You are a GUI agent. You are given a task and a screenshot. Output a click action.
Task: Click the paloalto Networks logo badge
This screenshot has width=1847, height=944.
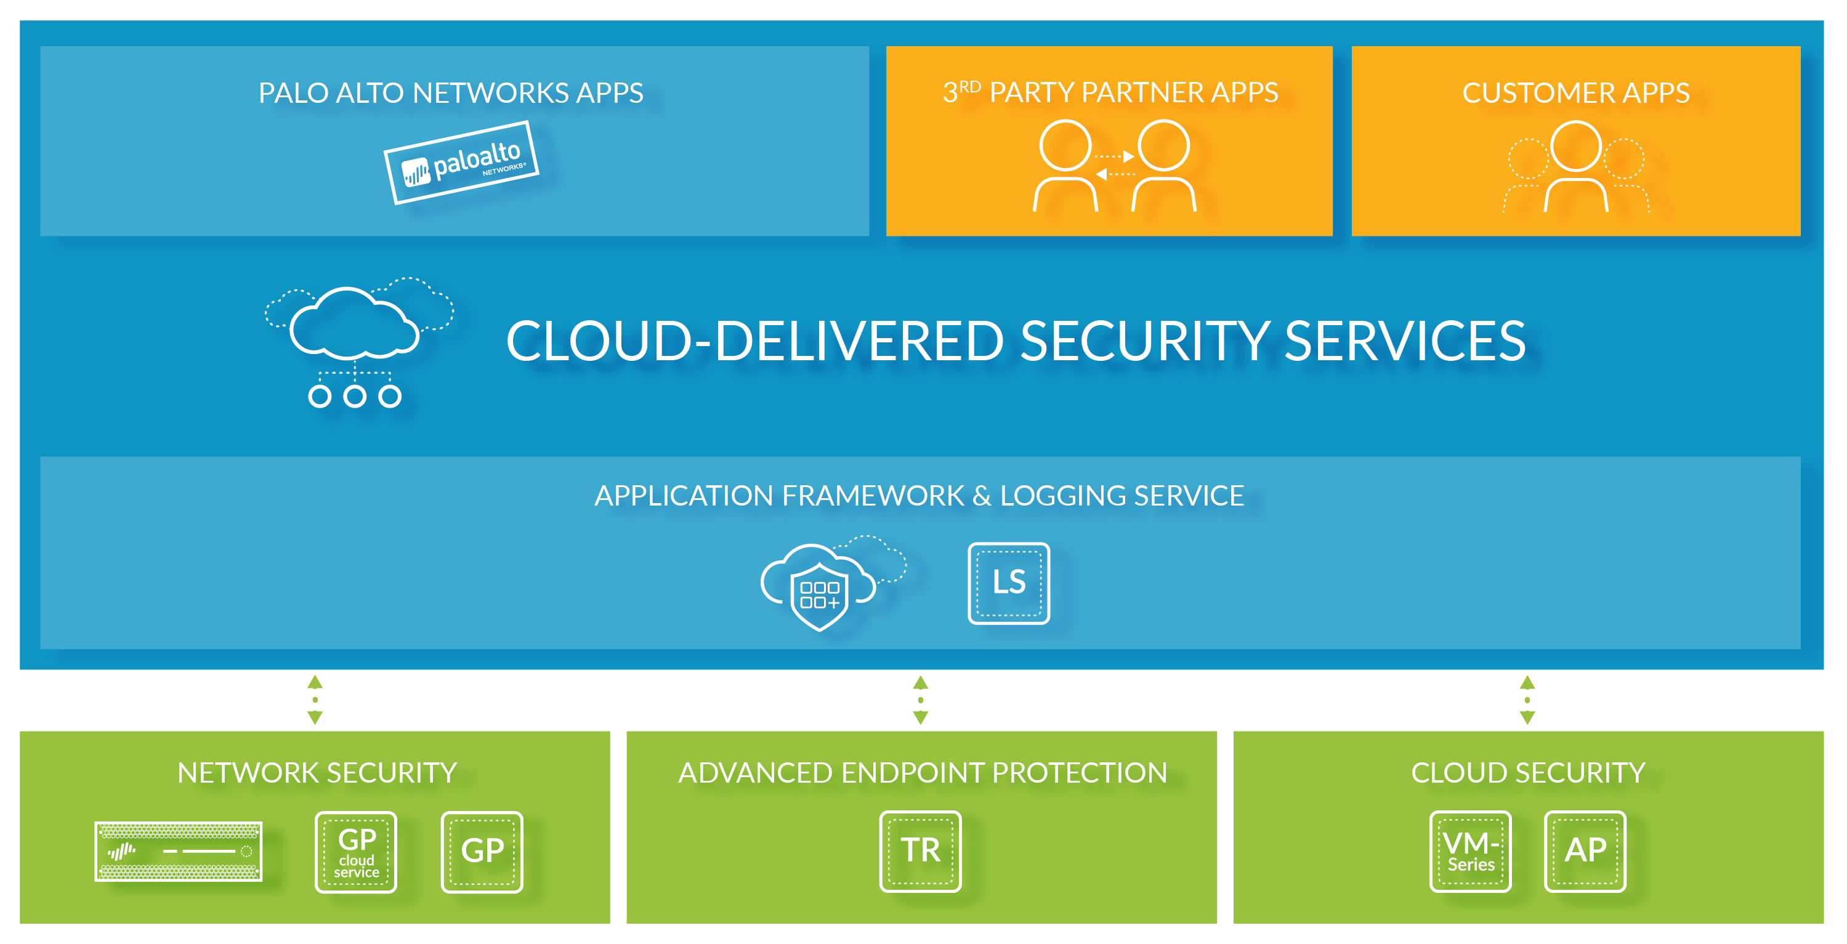click(461, 163)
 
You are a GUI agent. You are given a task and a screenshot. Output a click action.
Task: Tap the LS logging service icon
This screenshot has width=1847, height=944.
click(1009, 583)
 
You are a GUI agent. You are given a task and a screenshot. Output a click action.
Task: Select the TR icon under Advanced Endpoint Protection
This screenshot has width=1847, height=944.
click(920, 851)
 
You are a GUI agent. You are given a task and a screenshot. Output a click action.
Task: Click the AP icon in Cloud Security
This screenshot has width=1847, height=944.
click(1585, 851)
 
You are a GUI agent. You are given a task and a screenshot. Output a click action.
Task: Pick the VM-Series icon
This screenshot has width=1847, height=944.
click(1470, 851)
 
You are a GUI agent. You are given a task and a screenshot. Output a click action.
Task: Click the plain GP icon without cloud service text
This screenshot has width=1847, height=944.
click(482, 852)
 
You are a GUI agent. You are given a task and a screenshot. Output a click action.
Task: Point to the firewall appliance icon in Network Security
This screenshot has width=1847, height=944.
click(179, 851)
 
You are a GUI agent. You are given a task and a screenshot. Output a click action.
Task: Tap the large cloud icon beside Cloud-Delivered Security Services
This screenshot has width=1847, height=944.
click(358, 341)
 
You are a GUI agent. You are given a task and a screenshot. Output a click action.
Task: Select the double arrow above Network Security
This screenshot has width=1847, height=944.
click(315, 700)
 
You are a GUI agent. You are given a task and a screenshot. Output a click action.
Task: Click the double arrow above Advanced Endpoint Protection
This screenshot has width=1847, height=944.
click(921, 700)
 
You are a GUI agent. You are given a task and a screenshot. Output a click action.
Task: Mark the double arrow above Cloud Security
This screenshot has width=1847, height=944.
click(1527, 700)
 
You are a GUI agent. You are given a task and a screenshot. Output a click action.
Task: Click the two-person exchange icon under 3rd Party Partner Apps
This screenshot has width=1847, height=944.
click(1114, 166)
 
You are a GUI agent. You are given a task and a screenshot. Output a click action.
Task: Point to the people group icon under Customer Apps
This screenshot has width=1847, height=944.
click(1576, 166)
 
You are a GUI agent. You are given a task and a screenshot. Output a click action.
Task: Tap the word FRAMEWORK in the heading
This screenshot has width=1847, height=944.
click(873, 495)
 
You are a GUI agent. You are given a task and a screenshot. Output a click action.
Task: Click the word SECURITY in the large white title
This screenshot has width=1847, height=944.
click(1144, 341)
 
